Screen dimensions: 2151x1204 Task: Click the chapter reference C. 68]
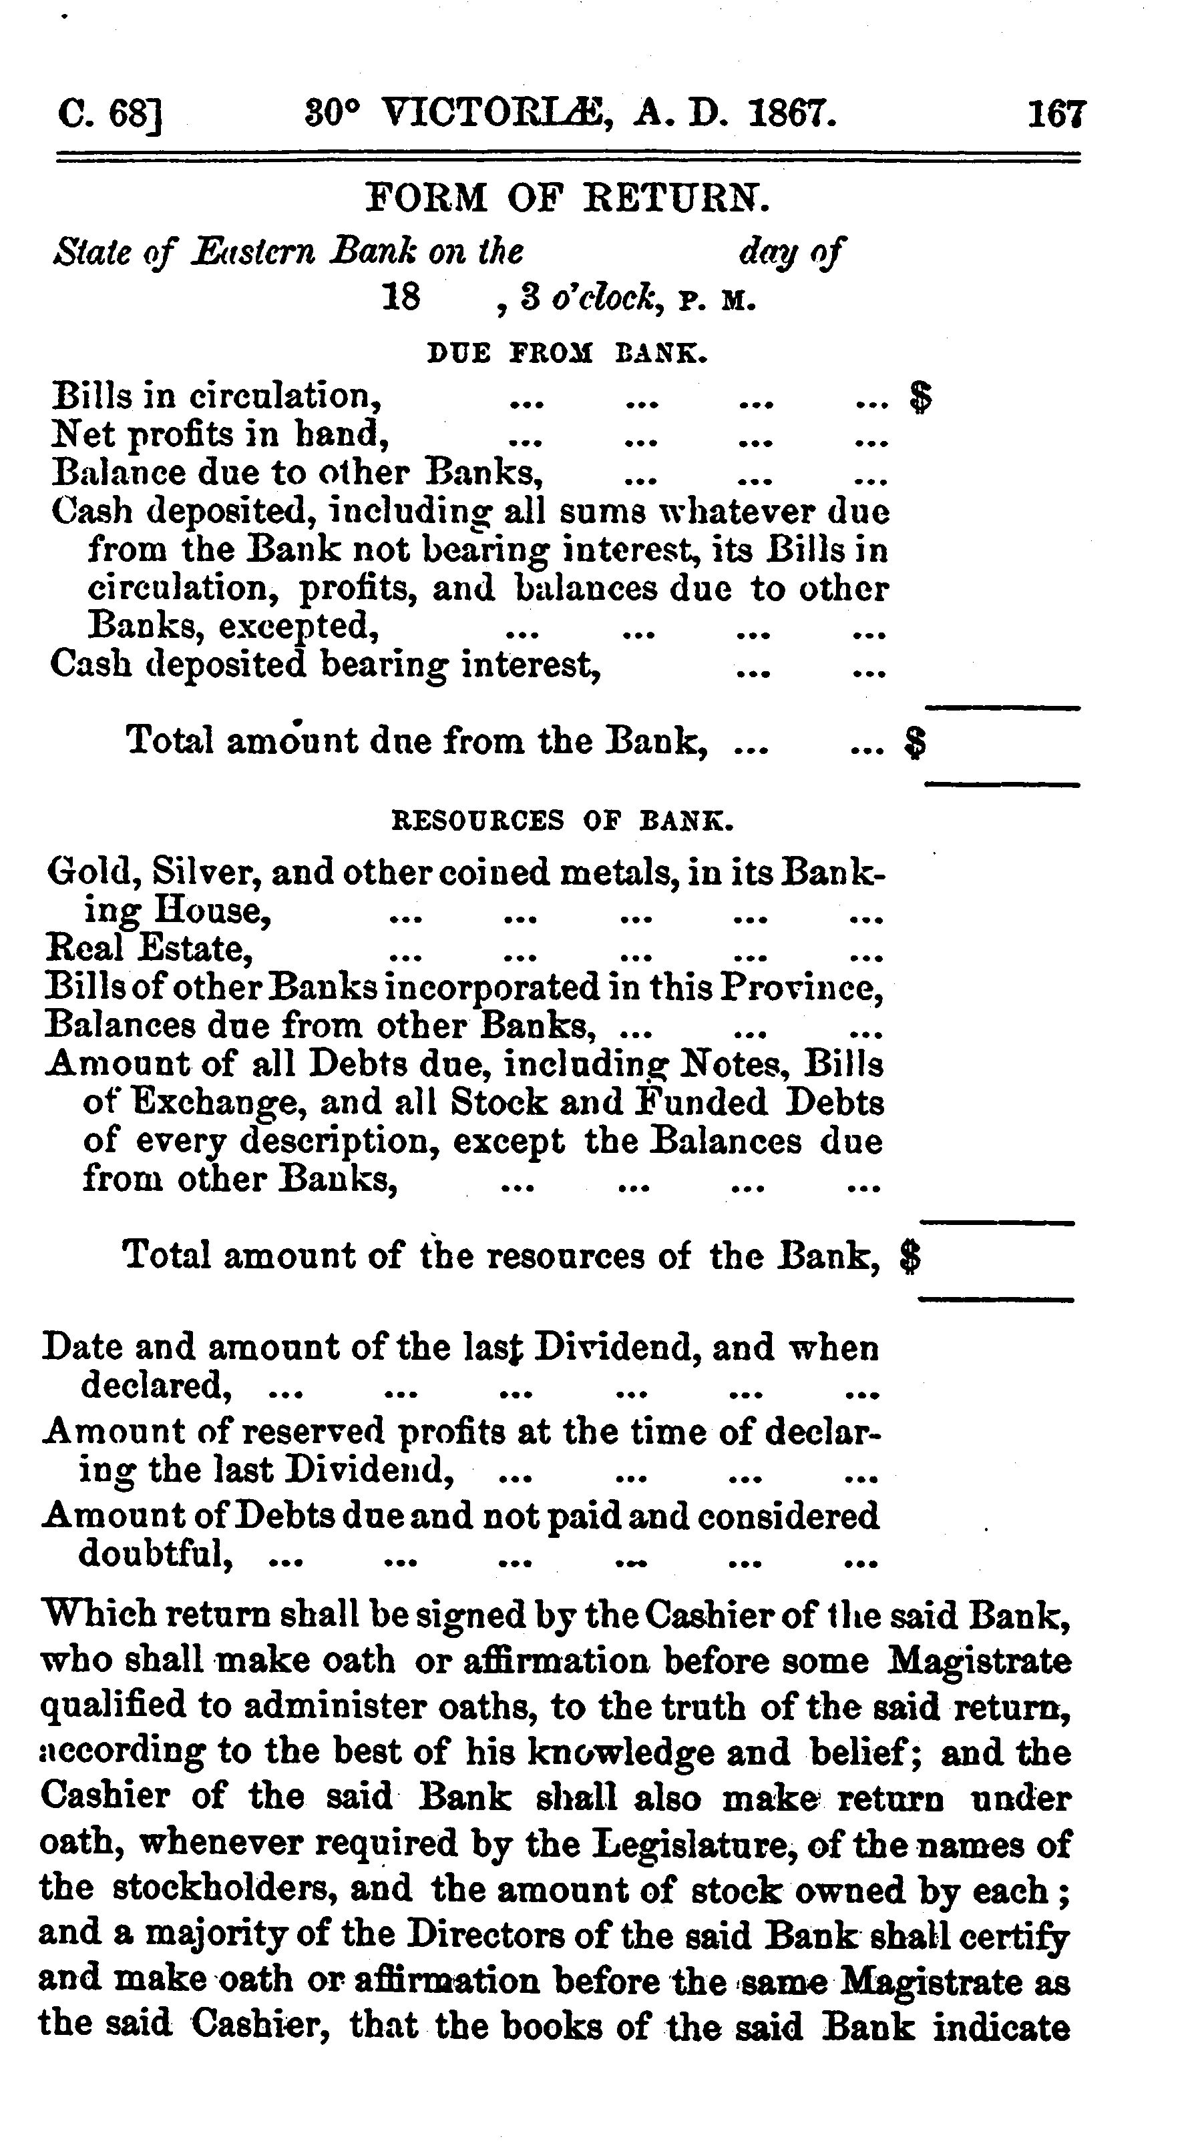pos(110,113)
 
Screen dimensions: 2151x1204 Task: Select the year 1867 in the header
pos(791,112)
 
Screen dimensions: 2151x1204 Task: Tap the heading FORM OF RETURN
pos(568,198)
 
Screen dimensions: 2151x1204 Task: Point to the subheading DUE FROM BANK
pos(568,353)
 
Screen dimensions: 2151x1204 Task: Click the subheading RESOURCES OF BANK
pos(563,821)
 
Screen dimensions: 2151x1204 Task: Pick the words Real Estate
pos(149,949)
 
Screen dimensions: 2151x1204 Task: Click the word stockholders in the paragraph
pos(262,1887)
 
